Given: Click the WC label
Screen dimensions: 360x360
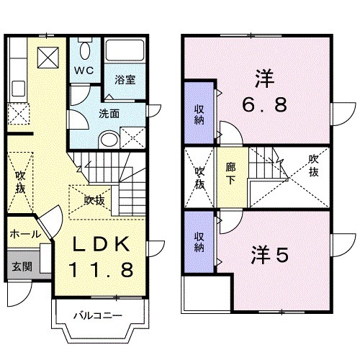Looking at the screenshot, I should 86,71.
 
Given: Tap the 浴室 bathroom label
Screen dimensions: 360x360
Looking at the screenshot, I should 125,80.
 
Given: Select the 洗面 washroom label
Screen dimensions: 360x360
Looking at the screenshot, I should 109,113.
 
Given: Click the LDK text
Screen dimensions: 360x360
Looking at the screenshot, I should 102,245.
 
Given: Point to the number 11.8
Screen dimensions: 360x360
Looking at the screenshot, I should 101,270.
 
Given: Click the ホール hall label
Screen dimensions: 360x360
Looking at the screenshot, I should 24,235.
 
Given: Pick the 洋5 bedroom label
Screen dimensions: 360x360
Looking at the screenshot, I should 270,255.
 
